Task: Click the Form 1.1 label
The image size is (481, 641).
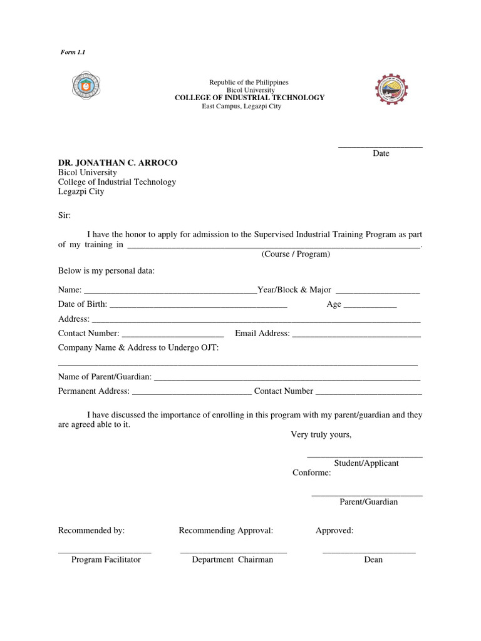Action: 73,53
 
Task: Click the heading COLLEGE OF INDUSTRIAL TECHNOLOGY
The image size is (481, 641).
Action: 249,98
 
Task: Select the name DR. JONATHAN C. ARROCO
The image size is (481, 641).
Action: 118,163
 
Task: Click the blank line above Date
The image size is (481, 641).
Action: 380,146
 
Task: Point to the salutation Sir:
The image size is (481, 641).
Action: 65,215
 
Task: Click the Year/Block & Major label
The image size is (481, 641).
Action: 294,290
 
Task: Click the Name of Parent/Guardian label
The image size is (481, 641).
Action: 105,376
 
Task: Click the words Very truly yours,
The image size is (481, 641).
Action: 321,434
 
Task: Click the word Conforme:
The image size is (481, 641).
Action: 311,473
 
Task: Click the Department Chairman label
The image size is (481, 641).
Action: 232,560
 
